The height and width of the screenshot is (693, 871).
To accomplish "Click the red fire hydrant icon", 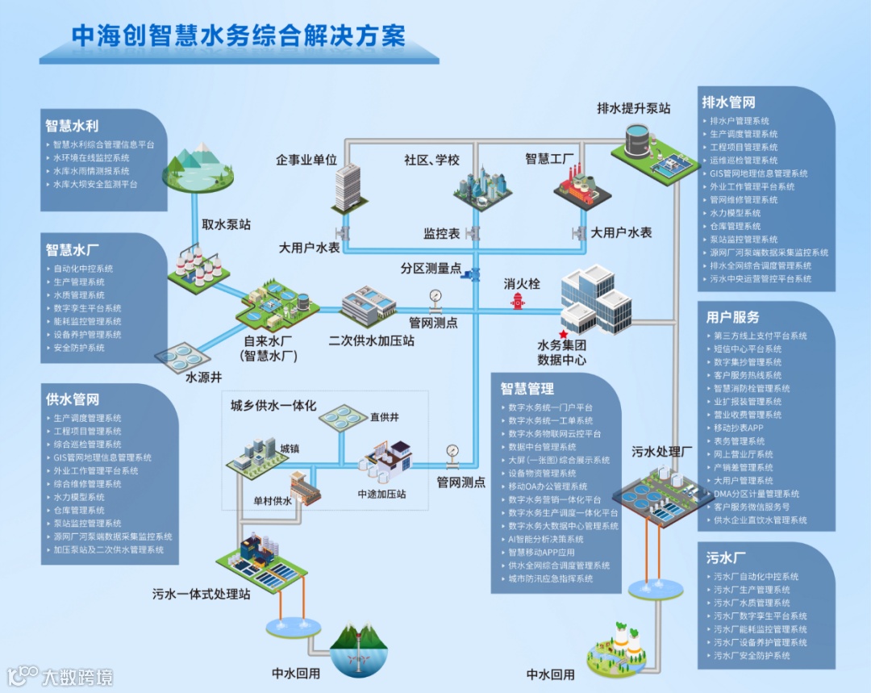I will tap(517, 301).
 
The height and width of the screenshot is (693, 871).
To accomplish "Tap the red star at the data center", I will tap(563, 333).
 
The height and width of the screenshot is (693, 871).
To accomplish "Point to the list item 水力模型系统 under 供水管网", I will tap(79, 497).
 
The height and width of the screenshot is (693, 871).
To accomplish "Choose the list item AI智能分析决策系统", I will tap(546, 539).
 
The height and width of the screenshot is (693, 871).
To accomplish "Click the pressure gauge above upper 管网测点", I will tap(436, 296).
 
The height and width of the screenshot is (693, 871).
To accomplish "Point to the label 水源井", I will tap(203, 376).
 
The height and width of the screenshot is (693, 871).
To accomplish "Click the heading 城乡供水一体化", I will tap(273, 405).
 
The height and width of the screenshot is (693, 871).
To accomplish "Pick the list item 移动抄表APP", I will tap(738, 428).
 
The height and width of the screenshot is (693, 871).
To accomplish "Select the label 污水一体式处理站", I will tap(202, 594).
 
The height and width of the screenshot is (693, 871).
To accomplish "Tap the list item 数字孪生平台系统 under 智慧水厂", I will tap(87, 308).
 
